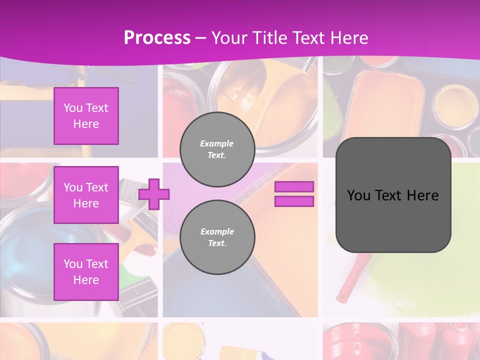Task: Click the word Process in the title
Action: [x=157, y=38]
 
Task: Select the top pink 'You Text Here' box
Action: [x=86, y=116]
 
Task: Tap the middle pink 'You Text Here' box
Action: [x=86, y=195]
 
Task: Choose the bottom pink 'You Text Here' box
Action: [x=86, y=272]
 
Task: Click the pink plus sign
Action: [x=154, y=194]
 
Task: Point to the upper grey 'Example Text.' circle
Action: [x=217, y=149]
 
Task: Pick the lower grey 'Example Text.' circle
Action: [x=217, y=237]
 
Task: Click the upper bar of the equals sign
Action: [x=294, y=186]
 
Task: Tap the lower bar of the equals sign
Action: [x=294, y=201]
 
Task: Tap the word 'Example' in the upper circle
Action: [x=216, y=143]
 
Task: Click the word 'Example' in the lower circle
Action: [x=217, y=231]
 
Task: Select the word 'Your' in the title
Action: [x=227, y=38]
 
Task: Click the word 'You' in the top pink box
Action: [x=73, y=108]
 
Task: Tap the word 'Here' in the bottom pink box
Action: [x=86, y=280]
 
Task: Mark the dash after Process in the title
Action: [x=200, y=38]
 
